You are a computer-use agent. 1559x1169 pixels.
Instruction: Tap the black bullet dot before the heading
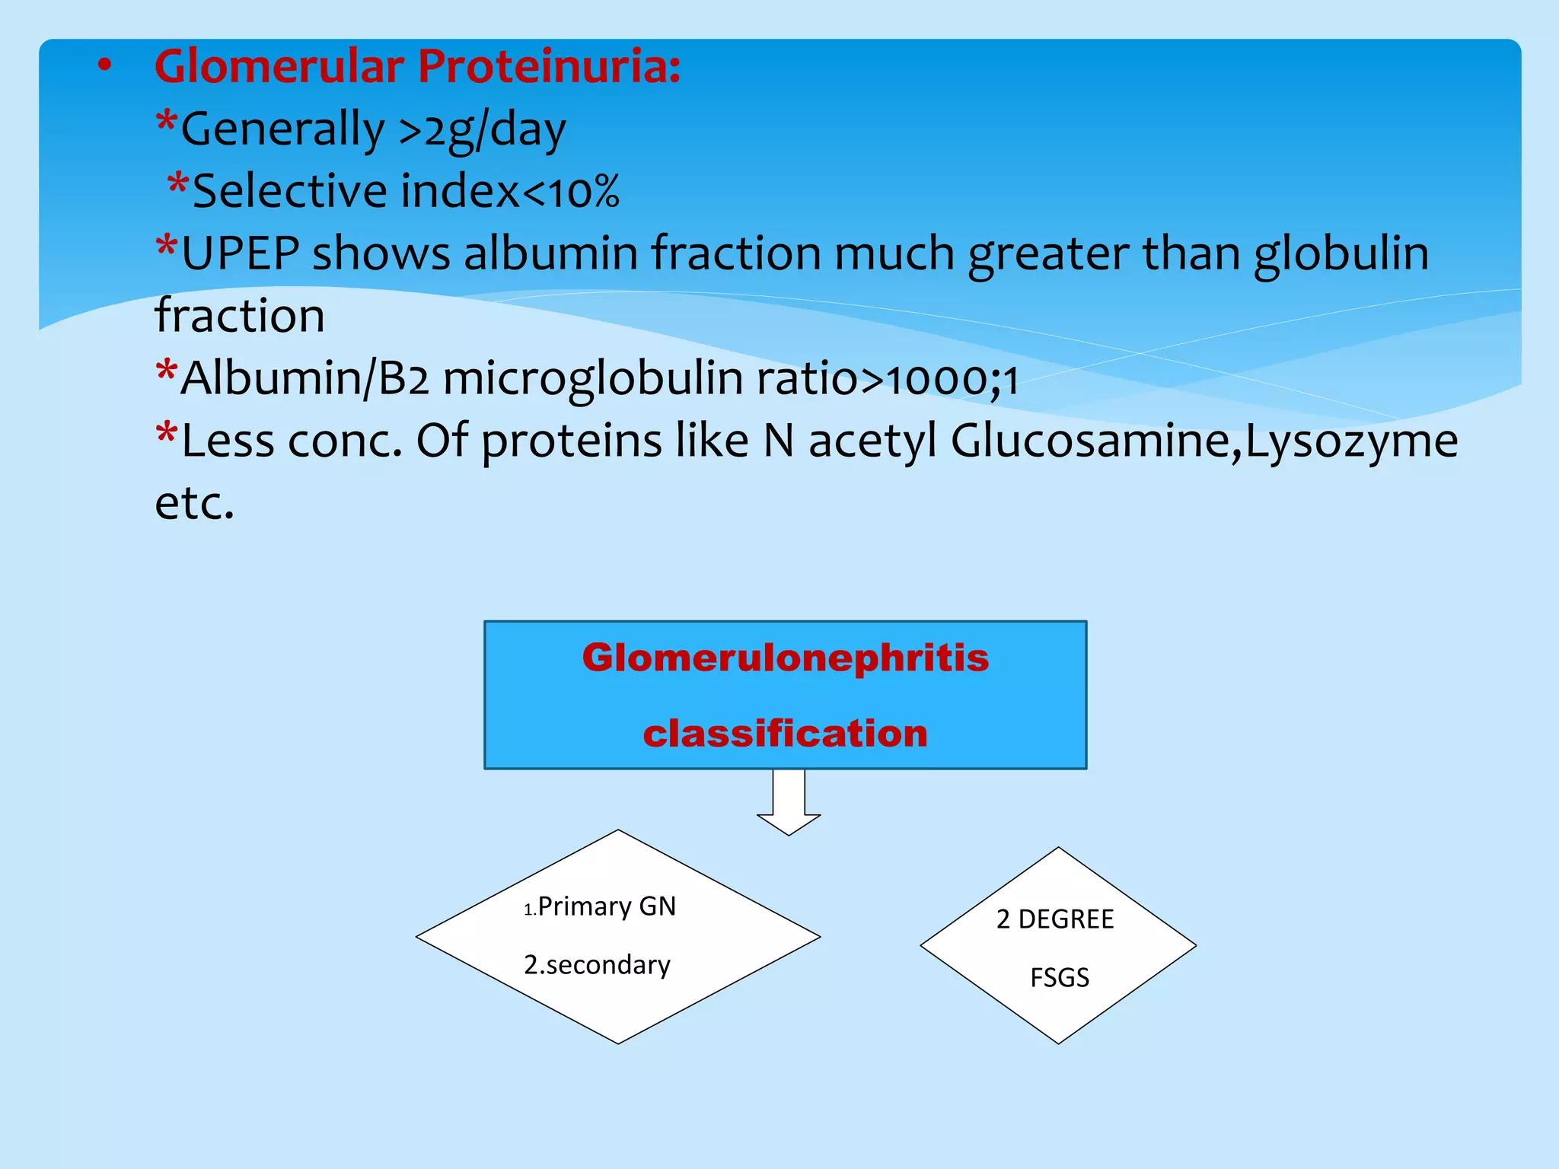[105, 66]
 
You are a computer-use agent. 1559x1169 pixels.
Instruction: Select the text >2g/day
[483, 129]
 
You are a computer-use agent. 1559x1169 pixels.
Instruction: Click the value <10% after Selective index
[571, 192]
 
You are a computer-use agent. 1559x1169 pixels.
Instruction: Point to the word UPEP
[241, 253]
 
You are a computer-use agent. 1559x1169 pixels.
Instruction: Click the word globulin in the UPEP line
[1341, 253]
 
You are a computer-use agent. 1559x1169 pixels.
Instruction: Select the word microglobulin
[593, 378]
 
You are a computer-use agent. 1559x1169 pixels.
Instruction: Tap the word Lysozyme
[1351, 441]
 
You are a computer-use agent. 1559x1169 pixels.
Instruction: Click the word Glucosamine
[1089, 441]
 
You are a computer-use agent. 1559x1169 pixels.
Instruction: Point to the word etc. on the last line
[194, 504]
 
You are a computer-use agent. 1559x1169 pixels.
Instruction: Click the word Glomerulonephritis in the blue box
[785, 658]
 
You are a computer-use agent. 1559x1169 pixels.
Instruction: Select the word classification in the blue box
[785, 734]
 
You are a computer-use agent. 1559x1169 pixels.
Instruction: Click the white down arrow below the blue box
[789, 803]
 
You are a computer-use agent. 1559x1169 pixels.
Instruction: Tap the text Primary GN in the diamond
[606, 906]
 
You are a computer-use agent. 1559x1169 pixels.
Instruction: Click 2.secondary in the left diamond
[597, 965]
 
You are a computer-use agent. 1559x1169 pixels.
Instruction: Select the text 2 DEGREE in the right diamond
[1054, 919]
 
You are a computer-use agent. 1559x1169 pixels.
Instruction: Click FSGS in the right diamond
[1059, 977]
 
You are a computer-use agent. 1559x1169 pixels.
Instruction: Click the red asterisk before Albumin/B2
[166, 373]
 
